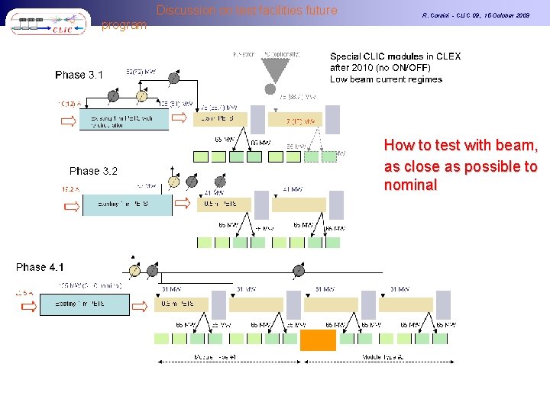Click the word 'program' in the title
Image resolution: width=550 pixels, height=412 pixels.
tap(124, 25)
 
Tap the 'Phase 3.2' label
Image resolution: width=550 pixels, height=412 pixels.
tap(93, 171)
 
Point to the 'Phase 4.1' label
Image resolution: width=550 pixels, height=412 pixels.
tap(40, 267)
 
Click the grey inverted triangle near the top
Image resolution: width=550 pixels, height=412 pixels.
tap(270, 69)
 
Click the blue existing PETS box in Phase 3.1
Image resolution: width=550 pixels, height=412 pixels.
tap(122, 119)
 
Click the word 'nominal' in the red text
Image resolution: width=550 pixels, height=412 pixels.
tap(410, 185)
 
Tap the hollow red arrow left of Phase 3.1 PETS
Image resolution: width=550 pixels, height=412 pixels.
tap(69, 119)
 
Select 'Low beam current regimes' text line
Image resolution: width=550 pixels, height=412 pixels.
tap(386, 79)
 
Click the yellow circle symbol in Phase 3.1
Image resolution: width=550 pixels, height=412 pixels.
tap(141, 96)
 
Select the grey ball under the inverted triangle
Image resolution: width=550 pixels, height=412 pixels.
tap(270, 90)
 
